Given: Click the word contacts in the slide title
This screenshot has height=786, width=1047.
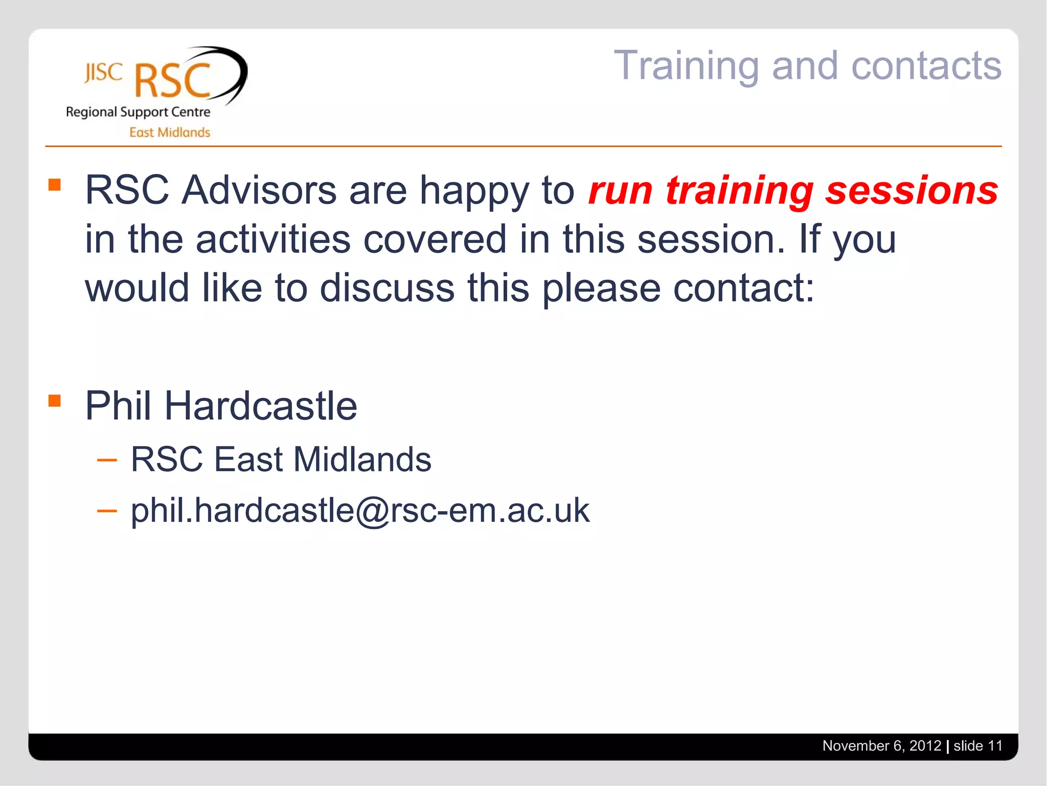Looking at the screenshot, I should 926,67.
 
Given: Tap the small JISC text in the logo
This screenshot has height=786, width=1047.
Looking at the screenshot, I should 103,73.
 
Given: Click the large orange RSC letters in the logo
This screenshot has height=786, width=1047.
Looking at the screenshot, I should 172,81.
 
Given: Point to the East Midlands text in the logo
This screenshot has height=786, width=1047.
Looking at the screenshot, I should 169,133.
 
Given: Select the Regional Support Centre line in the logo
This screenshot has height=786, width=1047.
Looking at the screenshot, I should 138,112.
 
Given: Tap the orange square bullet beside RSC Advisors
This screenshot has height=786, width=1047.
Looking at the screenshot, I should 55,184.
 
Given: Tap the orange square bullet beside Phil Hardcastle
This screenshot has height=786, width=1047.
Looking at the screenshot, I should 55,400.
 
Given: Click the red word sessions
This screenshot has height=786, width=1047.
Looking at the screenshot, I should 912,190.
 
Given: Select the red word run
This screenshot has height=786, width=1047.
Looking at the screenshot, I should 620,190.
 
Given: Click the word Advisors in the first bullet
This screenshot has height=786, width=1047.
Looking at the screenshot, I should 259,190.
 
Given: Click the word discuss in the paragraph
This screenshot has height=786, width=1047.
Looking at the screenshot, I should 387,288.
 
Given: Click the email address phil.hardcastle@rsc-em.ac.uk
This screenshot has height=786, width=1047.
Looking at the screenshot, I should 360,510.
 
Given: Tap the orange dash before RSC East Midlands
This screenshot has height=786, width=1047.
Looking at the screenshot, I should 107,460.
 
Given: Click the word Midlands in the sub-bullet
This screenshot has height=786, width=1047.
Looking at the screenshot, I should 362,459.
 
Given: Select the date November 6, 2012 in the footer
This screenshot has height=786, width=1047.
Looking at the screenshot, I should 881,746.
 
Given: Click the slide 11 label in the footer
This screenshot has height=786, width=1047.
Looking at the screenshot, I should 977,746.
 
